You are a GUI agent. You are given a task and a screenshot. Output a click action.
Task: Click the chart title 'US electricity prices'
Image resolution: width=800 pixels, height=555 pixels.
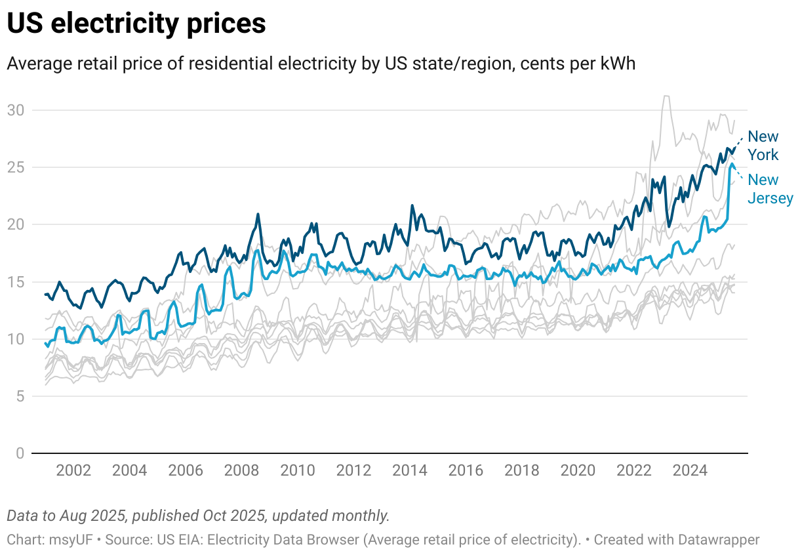coord(136,24)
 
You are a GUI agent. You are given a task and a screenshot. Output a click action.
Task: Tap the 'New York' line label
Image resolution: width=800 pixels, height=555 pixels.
coord(763,146)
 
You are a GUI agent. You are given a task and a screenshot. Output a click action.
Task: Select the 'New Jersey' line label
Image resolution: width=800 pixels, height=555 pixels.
coord(770,189)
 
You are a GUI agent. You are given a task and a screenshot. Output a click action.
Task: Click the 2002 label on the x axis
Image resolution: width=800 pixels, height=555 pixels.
coord(73,470)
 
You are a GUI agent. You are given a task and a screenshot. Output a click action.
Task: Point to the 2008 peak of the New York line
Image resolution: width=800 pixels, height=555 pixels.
coord(258,214)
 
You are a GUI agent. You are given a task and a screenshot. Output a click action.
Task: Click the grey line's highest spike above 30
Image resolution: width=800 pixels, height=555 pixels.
coord(666,96)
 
